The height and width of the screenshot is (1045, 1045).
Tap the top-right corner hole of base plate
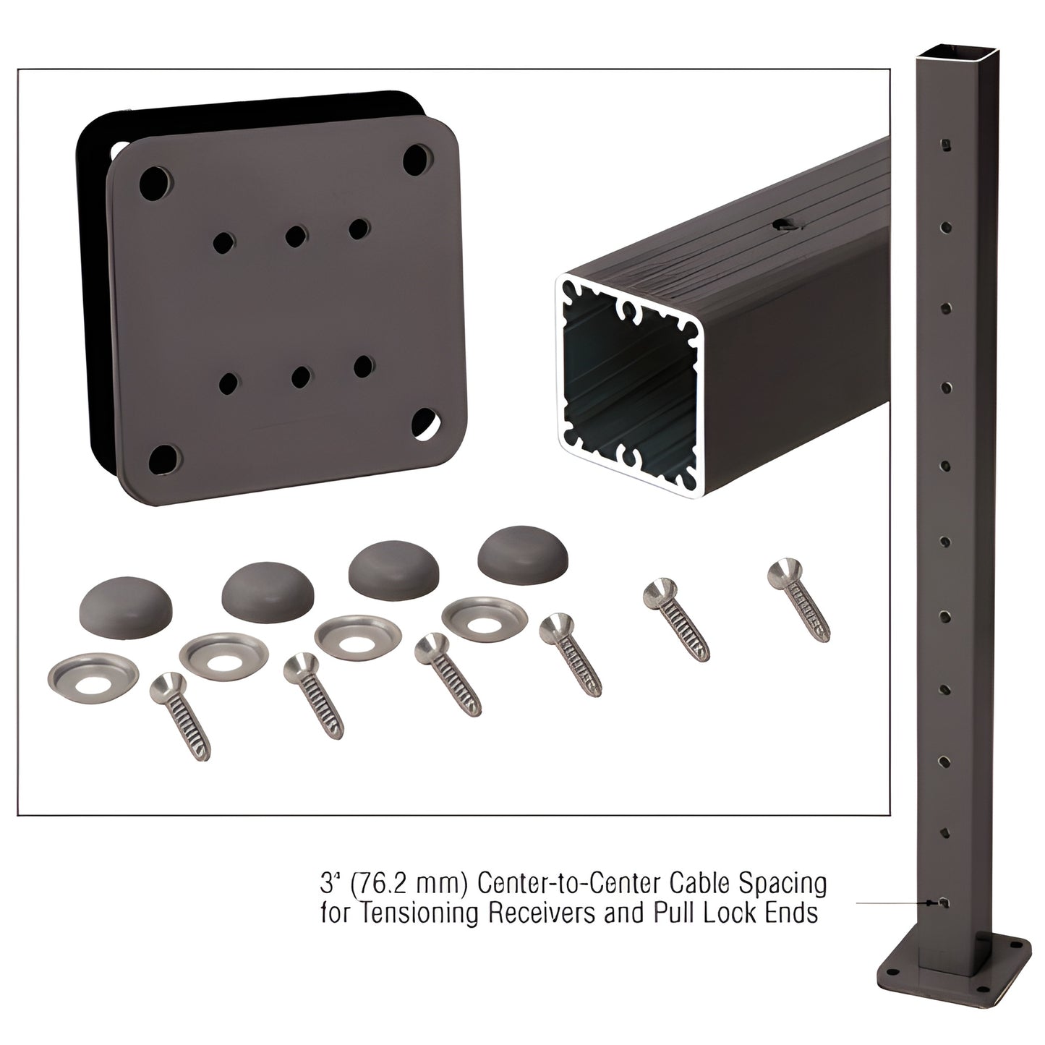(x=417, y=156)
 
